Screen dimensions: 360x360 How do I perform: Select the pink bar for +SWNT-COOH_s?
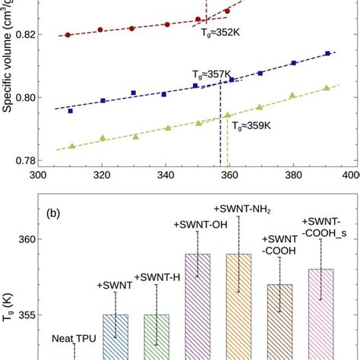321,314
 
